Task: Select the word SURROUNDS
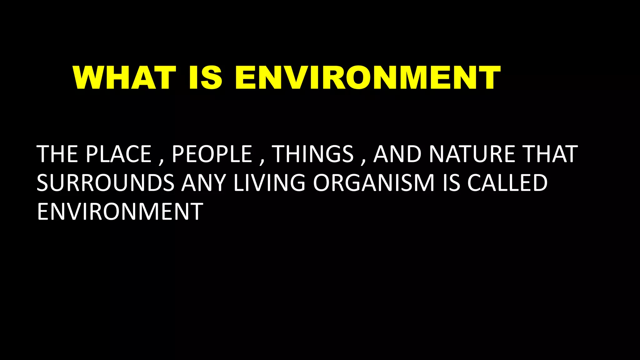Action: [x=106, y=183]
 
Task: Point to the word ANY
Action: [x=204, y=183]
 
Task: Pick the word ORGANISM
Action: [x=374, y=183]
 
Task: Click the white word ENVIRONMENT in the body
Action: [x=120, y=212]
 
